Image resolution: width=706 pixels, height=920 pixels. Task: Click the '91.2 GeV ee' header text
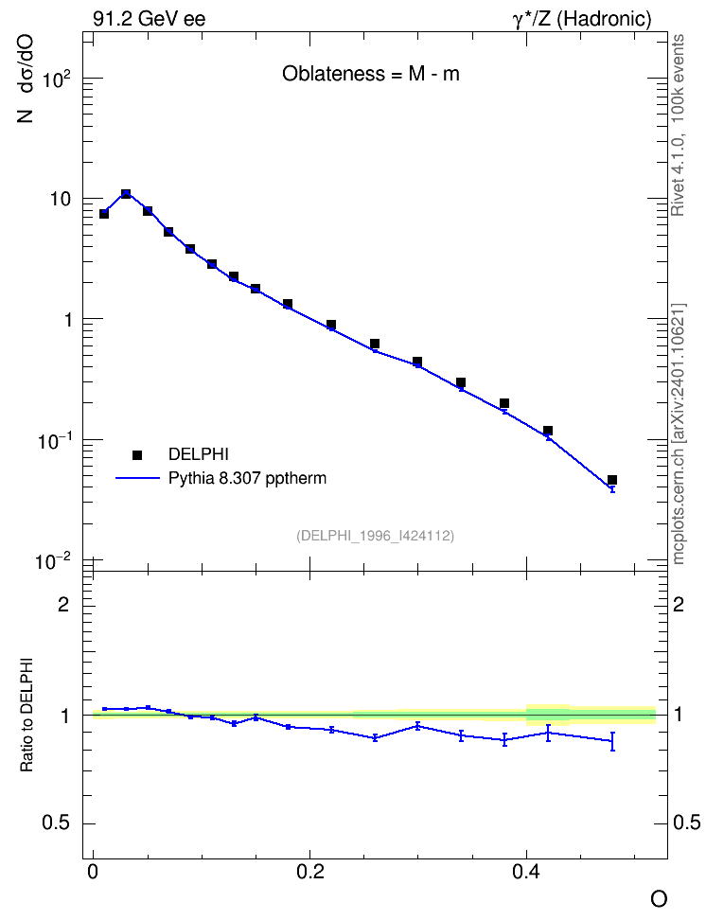point(150,19)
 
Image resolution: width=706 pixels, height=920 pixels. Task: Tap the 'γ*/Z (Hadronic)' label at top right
point(582,19)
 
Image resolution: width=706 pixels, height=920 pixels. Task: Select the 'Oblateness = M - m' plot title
point(370,73)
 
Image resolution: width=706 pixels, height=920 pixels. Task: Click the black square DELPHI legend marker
point(137,454)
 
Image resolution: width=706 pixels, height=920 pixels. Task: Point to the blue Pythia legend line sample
point(137,479)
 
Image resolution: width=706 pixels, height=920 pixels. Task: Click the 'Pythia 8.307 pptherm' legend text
point(247,479)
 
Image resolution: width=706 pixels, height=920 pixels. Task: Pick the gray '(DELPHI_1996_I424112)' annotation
point(375,536)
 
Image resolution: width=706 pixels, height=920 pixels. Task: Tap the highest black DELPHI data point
point(126,194)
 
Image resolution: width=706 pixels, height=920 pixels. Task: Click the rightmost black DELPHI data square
point(612,480)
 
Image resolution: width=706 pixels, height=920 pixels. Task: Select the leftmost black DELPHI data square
point(104,214)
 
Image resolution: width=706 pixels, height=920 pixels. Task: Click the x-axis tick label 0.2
point(309,872)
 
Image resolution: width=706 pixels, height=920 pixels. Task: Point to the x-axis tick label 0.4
point(526,872)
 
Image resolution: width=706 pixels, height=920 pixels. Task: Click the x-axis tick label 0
point(93,872)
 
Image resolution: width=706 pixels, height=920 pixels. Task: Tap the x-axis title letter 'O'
point(659,899)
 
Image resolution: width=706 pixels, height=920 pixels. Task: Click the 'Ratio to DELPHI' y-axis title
point(26,715)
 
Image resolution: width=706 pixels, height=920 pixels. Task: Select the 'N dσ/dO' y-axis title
point(26,79)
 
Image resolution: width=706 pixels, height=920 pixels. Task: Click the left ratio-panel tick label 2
point(63,604)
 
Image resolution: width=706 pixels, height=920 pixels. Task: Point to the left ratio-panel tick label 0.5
point(56,823)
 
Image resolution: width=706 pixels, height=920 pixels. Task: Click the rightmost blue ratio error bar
point(612,741)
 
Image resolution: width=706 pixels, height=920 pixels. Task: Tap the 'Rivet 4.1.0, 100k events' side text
point(678,125)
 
